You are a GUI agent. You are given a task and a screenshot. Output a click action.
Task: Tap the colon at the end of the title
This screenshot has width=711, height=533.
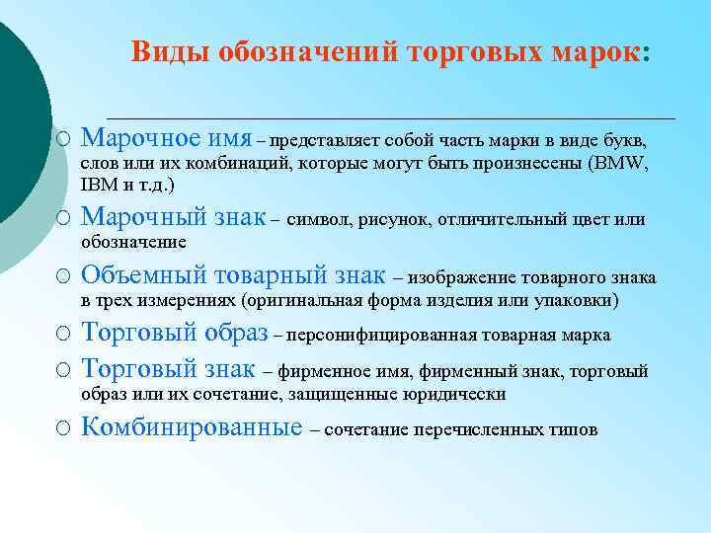(646, 53)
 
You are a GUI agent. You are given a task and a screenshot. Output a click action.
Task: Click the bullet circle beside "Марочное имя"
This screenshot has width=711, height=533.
(62, 137)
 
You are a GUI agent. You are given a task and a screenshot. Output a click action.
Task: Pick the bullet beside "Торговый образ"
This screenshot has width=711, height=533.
(62, 335)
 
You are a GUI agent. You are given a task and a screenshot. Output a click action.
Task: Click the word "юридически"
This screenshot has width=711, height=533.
(460, 394)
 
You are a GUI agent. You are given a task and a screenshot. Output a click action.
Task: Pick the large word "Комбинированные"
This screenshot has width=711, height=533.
(192, 427)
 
